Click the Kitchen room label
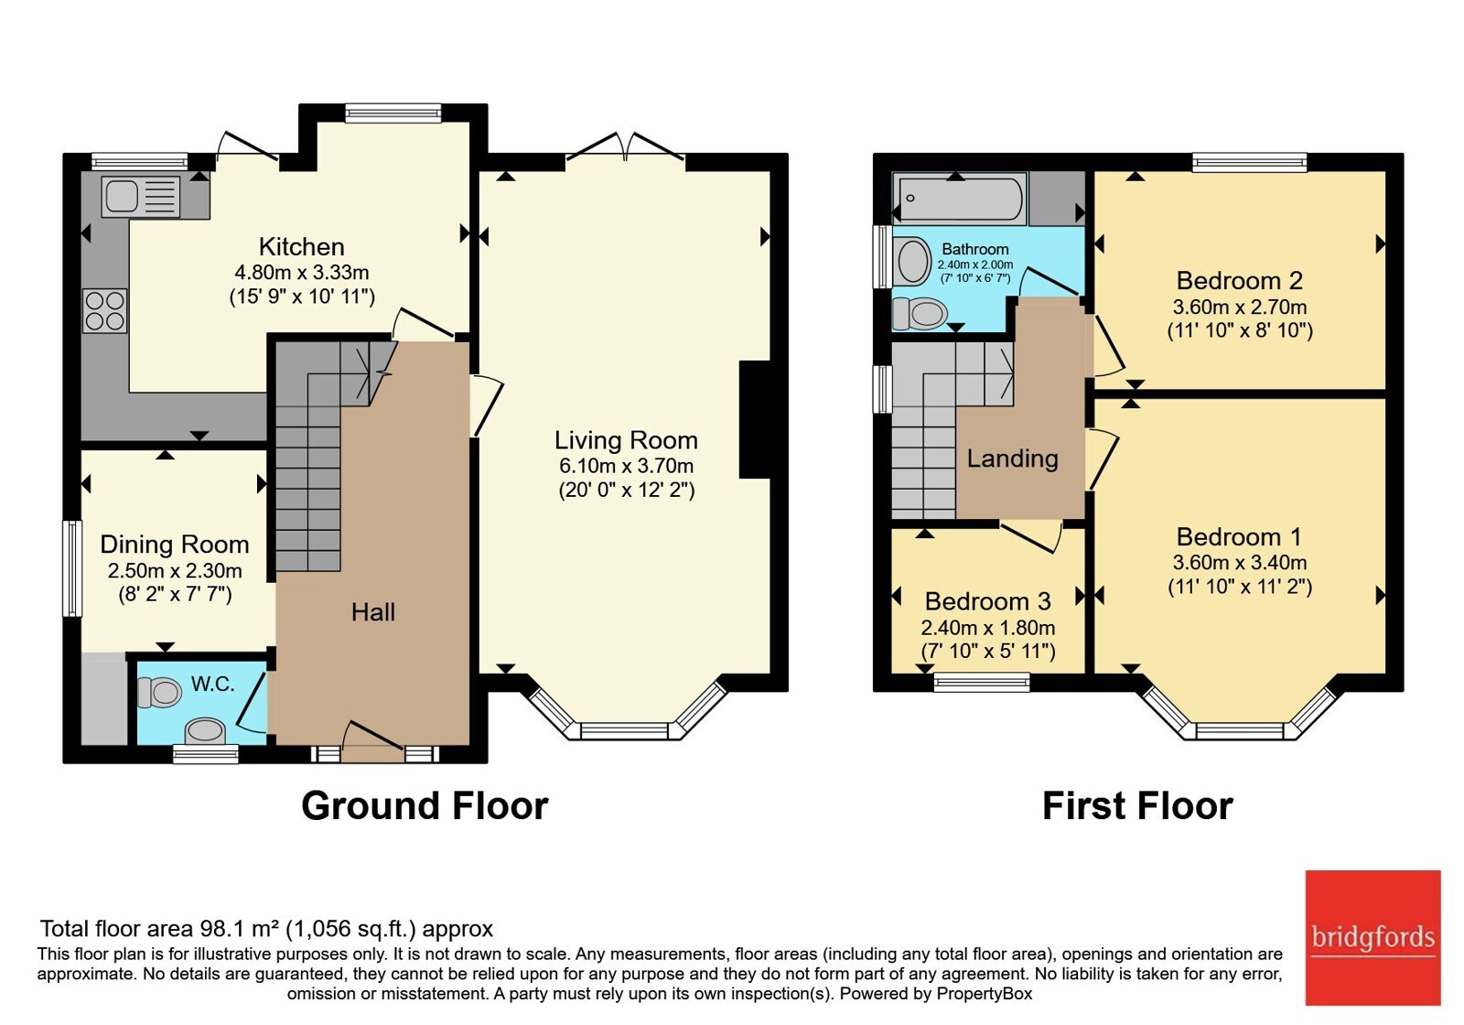(x=301, y=247)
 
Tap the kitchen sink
(x=141, y=196)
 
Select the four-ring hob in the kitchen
(x=104, y=310)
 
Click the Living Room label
(x=626, y=440)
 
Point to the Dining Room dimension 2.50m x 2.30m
(x=175, y=571)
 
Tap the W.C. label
(x=212, y=685)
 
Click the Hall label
(x=373, y=612)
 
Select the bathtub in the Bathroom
(x=960, y=198)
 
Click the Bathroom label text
(x=975, y=249)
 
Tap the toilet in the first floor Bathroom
(x=920, y=314)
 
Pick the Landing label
(x=1012, y=459)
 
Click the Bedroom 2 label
(x=1239, y=281)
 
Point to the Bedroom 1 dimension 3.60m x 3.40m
(x=1239, y=562)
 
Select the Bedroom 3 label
(x=987, y=601)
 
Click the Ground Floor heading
(x=425, y=806)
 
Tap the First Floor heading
(x=1137, y=806)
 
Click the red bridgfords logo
(x=1373, y=937)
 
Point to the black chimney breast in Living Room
(x=755, y=420)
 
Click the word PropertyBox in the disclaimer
(x=985, y=994)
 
